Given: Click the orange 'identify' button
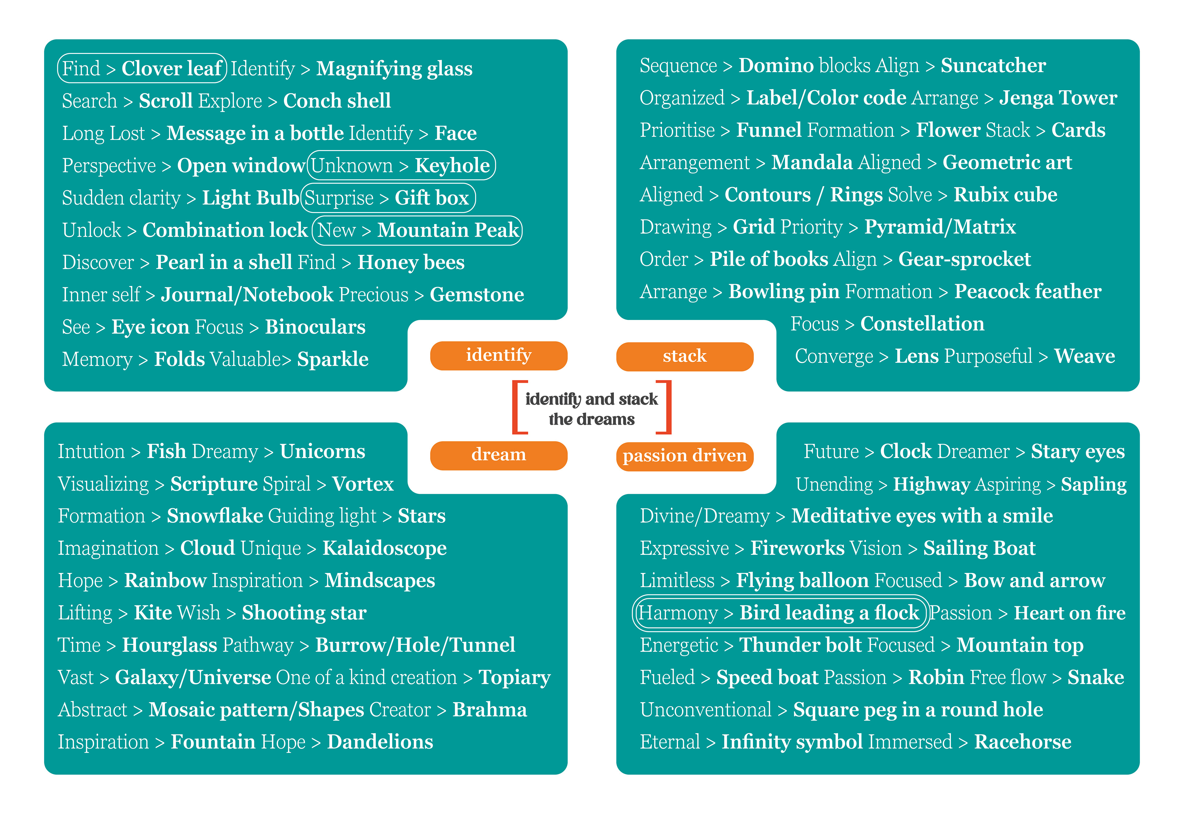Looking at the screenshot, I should click(498, 355).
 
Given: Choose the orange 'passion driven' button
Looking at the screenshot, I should click(684, 456).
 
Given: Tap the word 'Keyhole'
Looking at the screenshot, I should click(452, 165).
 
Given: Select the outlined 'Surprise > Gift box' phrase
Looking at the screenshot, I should click(388, 198).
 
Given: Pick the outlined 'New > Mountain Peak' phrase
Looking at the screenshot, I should click(417, 230).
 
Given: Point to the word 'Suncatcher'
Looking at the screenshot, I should click(993, 66).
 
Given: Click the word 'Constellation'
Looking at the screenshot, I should click(922, 324).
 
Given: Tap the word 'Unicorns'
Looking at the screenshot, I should click(323, 451).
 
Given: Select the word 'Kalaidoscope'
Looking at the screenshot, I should click(384, 548).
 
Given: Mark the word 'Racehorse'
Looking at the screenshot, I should click(1022, 742).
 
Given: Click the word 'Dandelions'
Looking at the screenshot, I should click(380, 742).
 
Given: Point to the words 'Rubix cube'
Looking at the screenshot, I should click(1005, 195).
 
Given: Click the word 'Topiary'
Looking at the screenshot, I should click(514, 678).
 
